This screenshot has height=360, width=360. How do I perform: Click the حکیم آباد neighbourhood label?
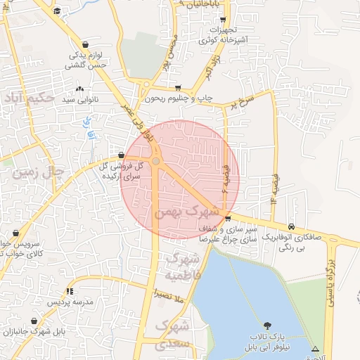[28, 96]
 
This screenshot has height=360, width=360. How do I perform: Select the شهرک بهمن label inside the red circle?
[196, 211]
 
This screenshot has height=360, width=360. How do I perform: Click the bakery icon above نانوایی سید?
[79, 89]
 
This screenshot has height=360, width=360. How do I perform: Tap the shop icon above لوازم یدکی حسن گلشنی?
[85, 43]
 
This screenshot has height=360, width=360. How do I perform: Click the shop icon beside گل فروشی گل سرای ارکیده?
[122, 155]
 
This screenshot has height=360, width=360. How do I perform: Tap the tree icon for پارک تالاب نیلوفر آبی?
[266, 325]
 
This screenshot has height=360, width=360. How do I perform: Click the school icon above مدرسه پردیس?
[70, 290]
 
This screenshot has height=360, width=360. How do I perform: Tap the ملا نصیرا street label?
[169, 298]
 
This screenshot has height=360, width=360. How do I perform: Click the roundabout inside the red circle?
[155, 162]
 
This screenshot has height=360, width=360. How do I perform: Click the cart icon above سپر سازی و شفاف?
[227, 218]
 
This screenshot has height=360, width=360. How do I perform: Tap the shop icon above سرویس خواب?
[17, 233]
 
